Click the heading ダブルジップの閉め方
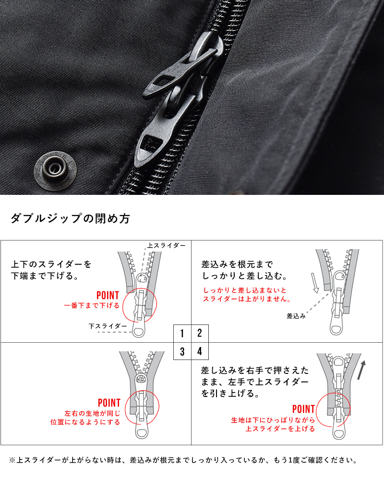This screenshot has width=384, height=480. (70, 219)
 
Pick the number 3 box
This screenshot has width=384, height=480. (182, 351)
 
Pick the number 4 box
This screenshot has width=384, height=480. (200, 351)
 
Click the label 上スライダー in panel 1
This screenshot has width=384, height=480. (166, 245)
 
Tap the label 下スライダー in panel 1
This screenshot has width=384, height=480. (108, 326)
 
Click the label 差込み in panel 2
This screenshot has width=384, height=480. (296, 316)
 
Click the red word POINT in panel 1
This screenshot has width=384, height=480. (108, 295)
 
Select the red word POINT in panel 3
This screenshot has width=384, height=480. (109, 403)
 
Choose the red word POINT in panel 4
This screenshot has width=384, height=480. (303, 409)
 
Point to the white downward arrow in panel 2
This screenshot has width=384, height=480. (315, 283)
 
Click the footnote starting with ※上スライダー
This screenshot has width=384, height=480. (182, 460)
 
